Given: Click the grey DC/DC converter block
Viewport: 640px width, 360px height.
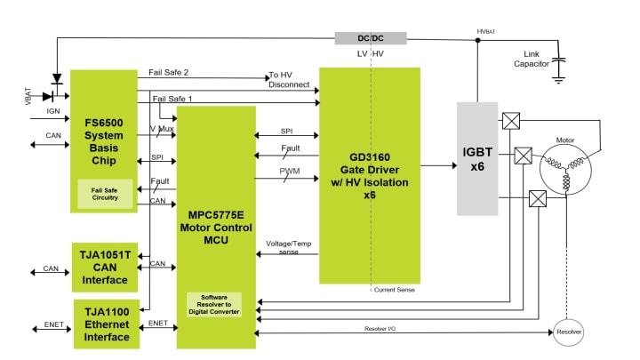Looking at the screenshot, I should (370, 38).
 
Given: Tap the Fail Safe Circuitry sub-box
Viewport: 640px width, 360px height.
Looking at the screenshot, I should (105, 192).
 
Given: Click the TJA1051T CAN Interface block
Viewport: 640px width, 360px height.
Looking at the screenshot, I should (105, 267).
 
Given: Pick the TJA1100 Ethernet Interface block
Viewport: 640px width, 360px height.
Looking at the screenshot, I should (105, 324).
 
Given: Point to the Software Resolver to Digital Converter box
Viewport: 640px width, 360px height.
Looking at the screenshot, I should (213, 305).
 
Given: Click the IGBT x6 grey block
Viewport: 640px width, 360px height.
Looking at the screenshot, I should (478, 159).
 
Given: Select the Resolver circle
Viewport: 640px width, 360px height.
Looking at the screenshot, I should (569, 332).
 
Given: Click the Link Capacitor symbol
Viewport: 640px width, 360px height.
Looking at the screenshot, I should (558, 67).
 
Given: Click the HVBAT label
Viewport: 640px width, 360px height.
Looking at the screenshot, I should (485, 31).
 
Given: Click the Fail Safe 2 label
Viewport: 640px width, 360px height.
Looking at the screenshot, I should (169, 72).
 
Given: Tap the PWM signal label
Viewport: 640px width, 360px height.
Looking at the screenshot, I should (288, 170).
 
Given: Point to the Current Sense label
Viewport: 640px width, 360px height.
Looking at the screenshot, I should (394, 290).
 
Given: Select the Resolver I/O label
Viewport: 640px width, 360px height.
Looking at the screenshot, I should (380, 329).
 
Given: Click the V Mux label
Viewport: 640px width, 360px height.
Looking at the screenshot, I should (162, 129).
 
